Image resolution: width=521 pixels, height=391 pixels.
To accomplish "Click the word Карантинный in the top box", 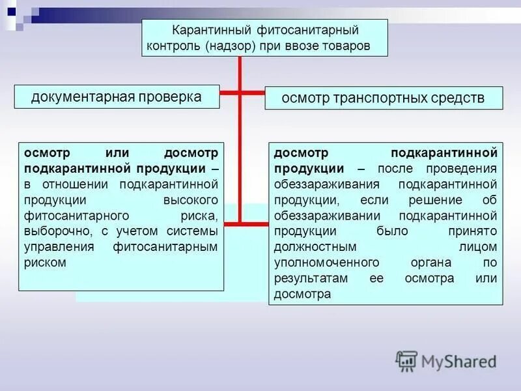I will (202, 30).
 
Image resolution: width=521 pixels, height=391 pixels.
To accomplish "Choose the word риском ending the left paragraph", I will (44, 263).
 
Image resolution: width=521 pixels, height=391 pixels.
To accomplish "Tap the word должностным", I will (316, 247).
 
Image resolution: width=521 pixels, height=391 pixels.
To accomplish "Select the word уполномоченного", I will (327, 263).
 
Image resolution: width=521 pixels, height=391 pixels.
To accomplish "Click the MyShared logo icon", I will (406, 361).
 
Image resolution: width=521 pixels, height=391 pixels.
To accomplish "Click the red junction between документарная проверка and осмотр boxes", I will (240, 93).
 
